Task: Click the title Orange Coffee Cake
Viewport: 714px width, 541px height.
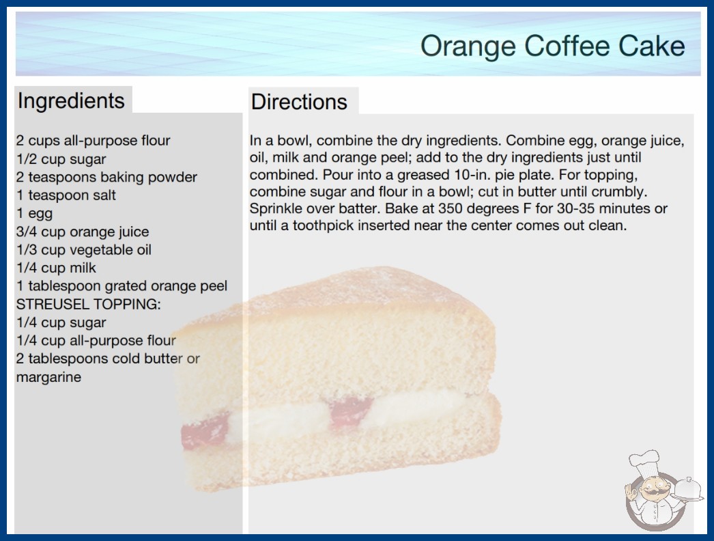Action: pos(552,46)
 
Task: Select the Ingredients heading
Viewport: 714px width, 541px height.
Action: pos(71,100)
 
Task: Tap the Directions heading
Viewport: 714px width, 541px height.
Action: pos(299,102)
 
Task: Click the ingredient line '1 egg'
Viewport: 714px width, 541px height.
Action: pos(35,213)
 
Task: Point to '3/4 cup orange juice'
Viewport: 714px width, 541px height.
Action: pos(83,232)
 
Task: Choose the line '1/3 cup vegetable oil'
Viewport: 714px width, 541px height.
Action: pos(84,250)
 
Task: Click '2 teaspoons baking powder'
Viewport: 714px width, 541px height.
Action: pos(106,177)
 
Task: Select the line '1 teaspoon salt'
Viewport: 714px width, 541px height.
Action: pos(66,195)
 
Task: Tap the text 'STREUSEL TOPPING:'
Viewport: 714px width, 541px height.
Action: pos(88,304)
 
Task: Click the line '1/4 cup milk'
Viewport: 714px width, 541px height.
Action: pos(56,268)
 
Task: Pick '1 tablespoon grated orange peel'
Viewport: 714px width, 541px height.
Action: pos(122,286)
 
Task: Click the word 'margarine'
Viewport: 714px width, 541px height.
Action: pos(48,377)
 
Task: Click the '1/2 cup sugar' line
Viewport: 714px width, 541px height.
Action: pos(61,159)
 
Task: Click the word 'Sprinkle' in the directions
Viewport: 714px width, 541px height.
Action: pos(277,209)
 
